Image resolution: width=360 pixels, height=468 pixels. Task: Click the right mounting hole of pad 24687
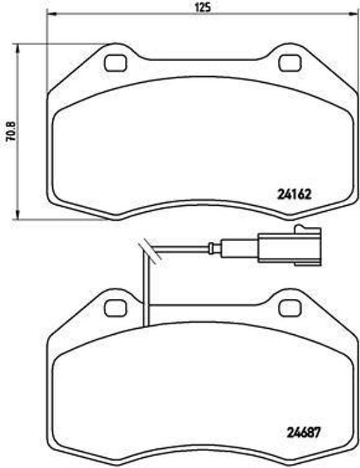tap(290, 308)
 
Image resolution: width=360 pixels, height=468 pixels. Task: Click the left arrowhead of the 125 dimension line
tap(50, 14)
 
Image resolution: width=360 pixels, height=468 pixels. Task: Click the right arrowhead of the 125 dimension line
tap(353, 14)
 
